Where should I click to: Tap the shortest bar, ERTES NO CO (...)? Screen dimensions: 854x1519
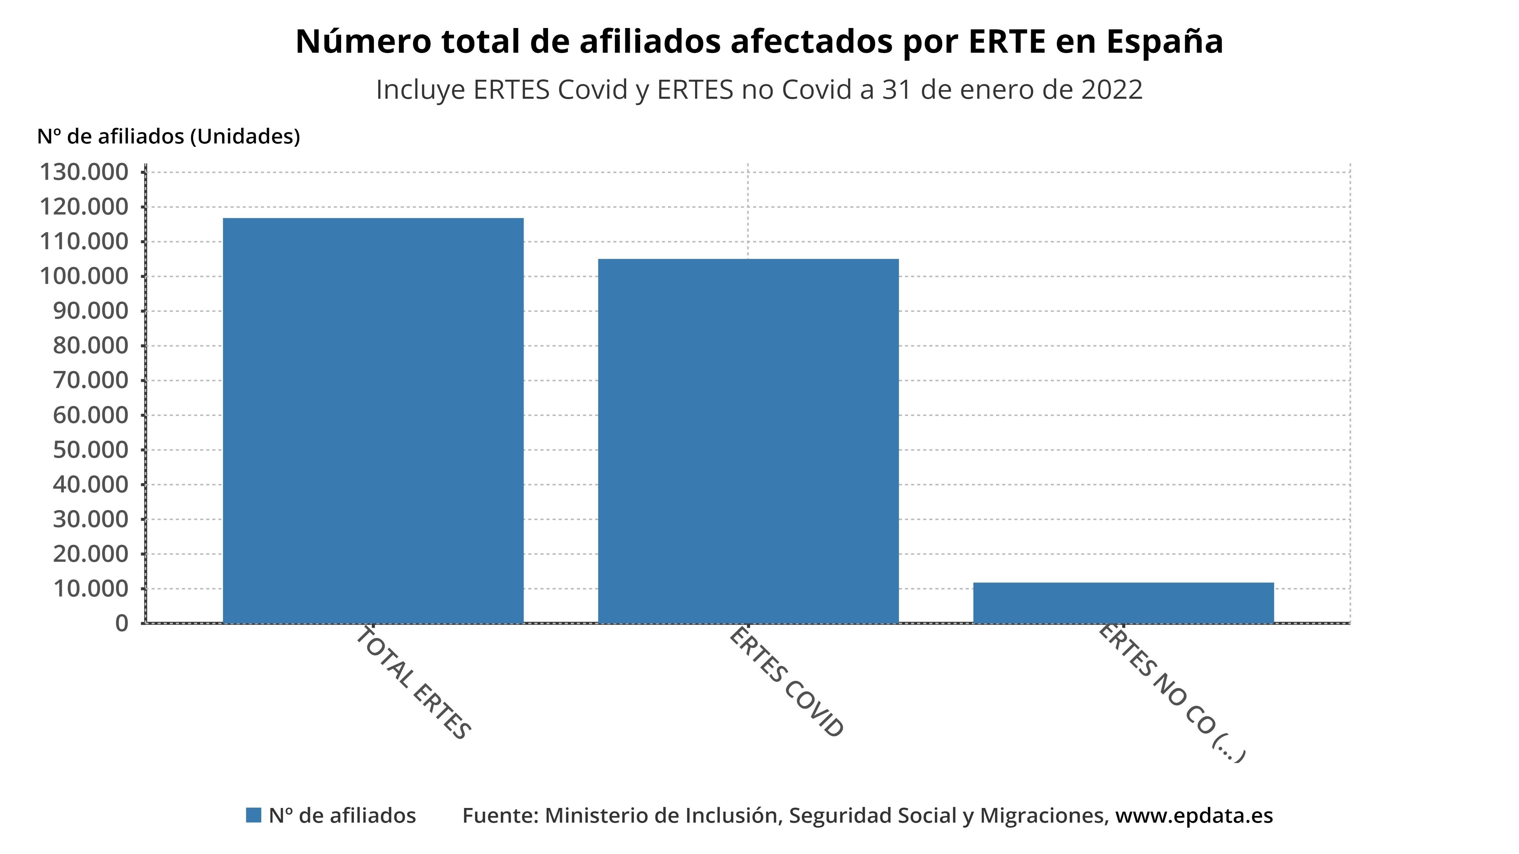tap(1123, 602)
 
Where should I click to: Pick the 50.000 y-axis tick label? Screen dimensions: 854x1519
tap(90, 450)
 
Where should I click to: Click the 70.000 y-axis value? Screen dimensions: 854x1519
tap(90, 380)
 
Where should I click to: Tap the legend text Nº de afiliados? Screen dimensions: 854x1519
tap(342, 816)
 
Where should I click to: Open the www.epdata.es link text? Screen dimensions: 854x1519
tap(1194, 816)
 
